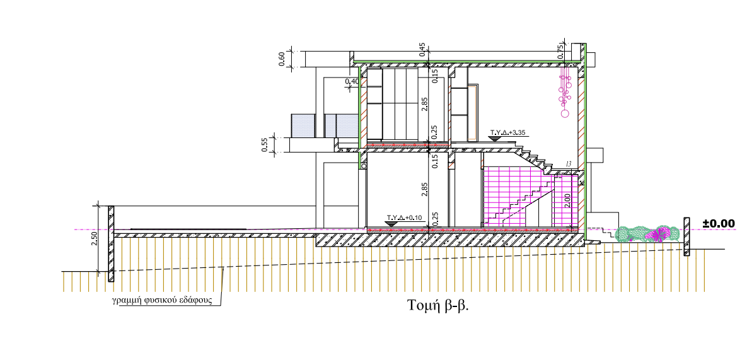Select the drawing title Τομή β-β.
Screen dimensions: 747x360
click(x=439, y=305)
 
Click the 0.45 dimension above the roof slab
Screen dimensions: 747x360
click(x=422, y=49)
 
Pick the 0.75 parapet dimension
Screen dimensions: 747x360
click(x=560, y=50)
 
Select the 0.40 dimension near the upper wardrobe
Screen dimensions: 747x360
click(x=352, y=81)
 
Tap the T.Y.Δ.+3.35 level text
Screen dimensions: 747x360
click(x=508, y=132)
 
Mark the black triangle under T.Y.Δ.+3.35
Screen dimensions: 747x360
click(x=494, y=138)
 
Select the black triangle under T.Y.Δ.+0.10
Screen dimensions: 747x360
click(x=391, y=223)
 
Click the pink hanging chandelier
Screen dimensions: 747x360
click(x=565, y=95)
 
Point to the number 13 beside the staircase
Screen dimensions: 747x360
click(x=569, y=165)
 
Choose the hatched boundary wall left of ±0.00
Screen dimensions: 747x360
click(x=686, y=236)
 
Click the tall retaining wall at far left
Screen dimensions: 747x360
click(x=111, y=244)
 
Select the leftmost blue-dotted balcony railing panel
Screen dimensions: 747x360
click(x=303, y=125)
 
